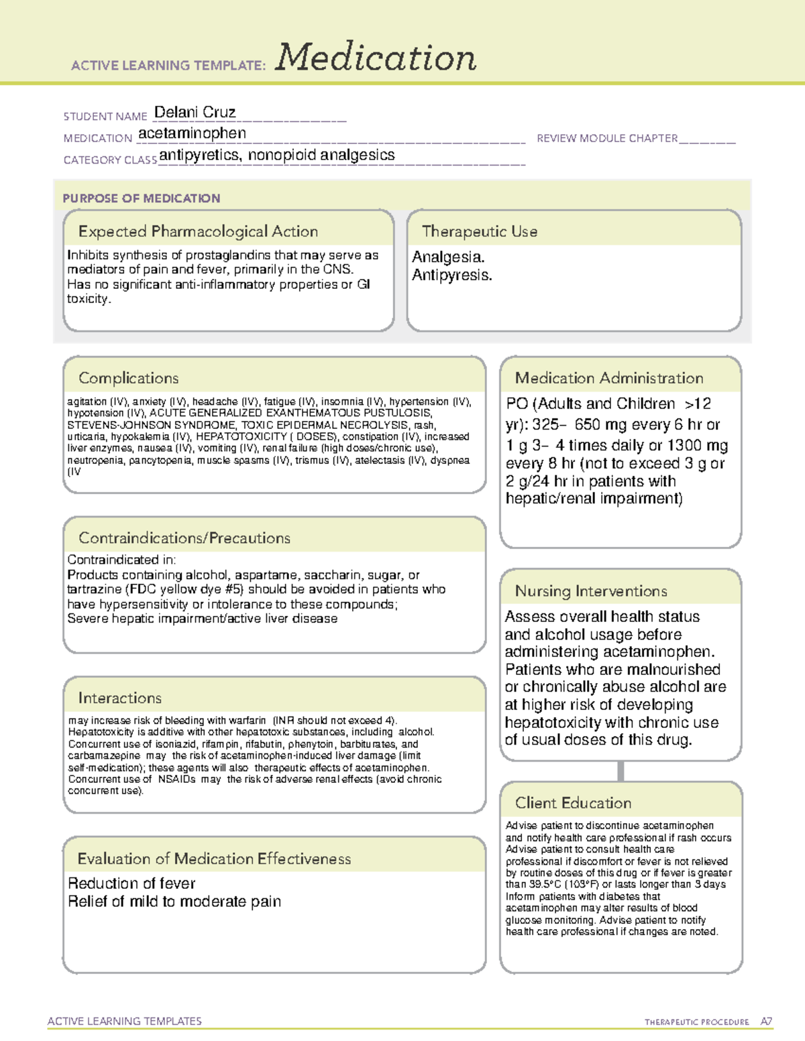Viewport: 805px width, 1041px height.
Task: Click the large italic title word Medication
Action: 376,58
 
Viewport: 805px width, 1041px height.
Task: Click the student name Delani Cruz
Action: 195,113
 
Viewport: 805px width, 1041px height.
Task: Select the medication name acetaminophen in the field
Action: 192,133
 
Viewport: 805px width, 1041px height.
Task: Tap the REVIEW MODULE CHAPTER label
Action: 607,138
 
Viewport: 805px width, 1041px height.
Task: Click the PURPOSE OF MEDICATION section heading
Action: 142,198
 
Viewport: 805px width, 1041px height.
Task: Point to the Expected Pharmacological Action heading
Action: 198,231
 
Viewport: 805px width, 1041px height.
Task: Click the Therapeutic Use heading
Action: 479,231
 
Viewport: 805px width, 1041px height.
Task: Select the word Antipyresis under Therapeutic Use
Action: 451,275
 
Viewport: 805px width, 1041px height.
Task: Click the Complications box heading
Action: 128,378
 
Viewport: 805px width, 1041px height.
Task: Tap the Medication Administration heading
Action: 608,378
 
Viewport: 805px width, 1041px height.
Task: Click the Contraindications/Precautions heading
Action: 184,538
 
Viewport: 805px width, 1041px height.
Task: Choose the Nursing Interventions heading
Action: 590,591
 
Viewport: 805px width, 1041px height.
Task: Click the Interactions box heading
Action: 119,698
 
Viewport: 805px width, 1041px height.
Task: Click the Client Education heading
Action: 573,803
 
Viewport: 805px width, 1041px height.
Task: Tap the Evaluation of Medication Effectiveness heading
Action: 214,859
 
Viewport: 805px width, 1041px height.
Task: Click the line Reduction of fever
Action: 131,883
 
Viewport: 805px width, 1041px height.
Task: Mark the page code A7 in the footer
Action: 765,1022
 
